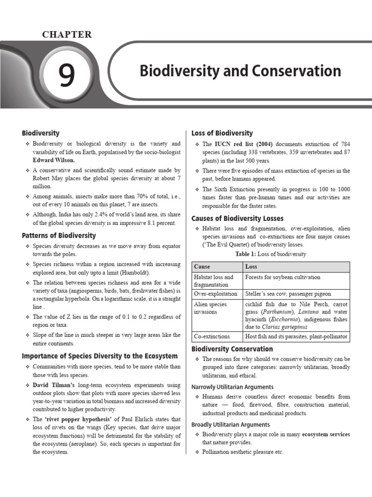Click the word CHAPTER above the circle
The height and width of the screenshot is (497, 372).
(67, 34)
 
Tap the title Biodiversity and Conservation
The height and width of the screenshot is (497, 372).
(240, 71)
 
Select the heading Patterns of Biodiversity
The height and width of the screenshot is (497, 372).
(59, 235)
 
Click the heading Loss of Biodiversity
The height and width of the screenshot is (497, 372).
(222, 133)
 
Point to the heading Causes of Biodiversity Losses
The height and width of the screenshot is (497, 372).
(238, 218)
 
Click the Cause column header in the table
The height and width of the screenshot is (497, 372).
(202, 266)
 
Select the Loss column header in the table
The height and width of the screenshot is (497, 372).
(251, 266)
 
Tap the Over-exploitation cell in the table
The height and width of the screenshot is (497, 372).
(216, 294)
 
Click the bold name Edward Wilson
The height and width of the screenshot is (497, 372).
(54, 160)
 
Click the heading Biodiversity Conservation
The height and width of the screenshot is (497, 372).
(232, 349)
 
